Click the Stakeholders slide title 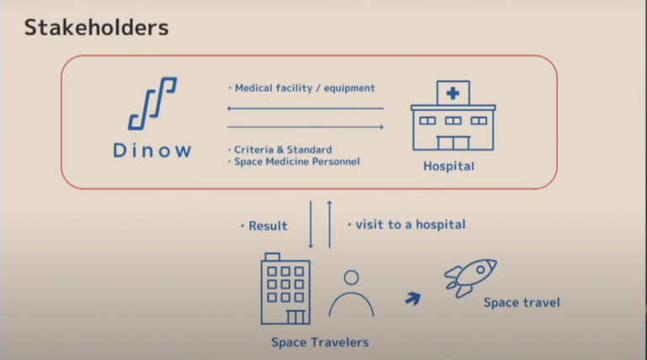click(97, 28)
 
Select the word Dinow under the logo click(152, 151)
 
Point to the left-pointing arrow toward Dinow click(305, 109)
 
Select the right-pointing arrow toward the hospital click(305, 126)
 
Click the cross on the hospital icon click(452, 94)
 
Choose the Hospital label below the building click(448, 166)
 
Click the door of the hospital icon click(453, 142)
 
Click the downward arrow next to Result click(311, 224)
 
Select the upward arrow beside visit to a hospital click(329, 224)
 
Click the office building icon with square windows click(286, 289)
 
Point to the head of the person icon click(351, 278)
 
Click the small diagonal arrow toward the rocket click(413, 298)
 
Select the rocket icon click(470, 277)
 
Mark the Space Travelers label click(320, 342)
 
